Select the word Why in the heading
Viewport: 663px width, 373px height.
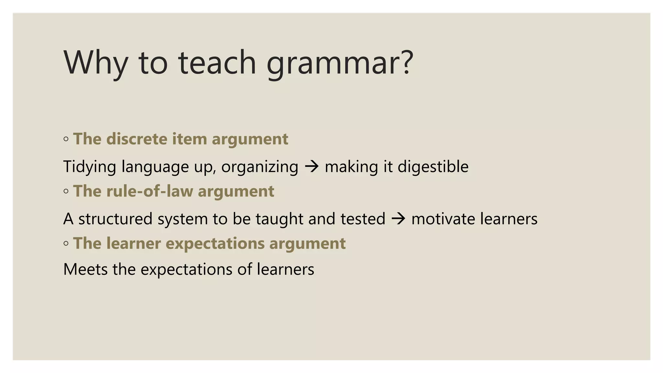tap(96, 63)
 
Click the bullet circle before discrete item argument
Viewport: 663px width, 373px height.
tap(66, 139)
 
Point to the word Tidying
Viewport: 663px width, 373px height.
tap(90, 167)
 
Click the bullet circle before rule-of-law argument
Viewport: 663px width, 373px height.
tap(66, 191)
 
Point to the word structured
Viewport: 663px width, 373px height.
tap(115, 219)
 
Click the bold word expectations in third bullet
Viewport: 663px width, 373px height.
tap(215, 244)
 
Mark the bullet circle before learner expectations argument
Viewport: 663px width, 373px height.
tap(66, 243)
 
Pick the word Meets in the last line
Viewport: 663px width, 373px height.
tap(85, 269)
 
